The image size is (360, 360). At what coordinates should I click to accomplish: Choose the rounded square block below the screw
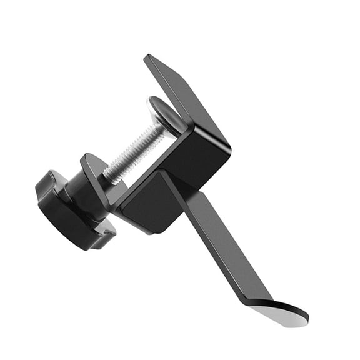click(150, 203)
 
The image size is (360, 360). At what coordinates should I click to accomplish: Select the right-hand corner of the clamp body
click(228, 150)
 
